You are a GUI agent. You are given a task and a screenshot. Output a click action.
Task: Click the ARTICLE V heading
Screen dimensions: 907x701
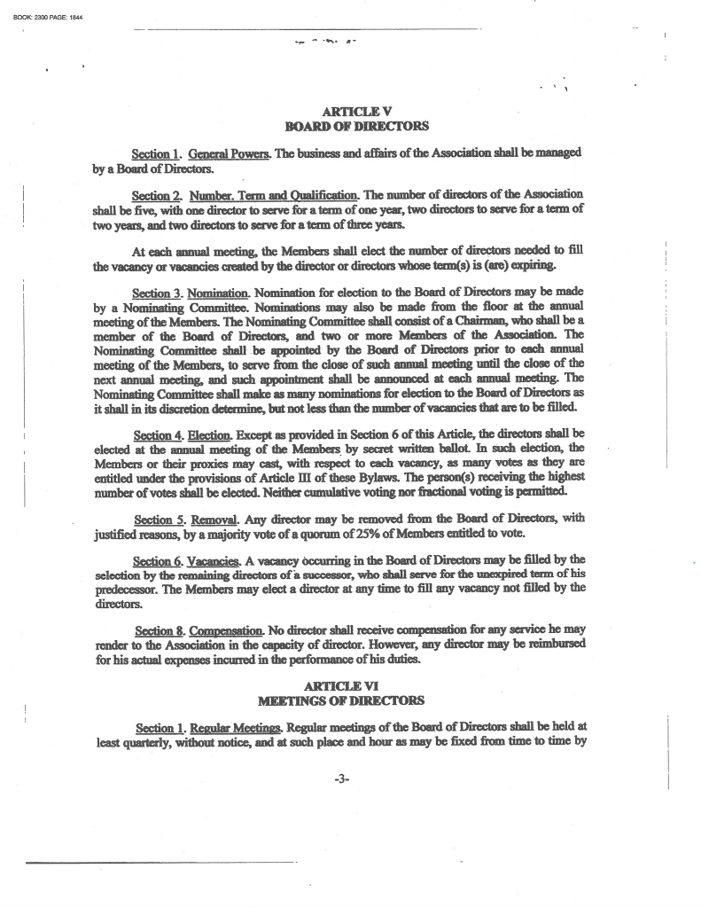point(350,112)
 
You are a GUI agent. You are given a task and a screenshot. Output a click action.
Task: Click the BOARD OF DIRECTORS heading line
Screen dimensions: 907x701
point(350,127)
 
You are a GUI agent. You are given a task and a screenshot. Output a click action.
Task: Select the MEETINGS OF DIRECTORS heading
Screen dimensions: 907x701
point(350,701)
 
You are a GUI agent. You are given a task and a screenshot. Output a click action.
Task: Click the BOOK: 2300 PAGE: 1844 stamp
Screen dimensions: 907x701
point(42,9)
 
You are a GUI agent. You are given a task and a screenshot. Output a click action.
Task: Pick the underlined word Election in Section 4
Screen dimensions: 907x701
point(211,434)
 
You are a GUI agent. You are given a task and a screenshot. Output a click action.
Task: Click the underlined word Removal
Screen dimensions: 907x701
point(213,518)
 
